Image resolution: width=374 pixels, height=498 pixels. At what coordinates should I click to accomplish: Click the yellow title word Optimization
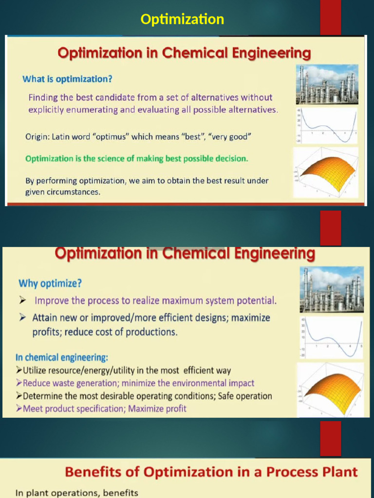click(x=182, y=19)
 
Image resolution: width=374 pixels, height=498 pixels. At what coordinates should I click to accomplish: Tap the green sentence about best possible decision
click(x=137, y=159)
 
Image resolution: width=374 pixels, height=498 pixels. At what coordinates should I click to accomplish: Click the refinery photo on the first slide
click(x=327, y=84)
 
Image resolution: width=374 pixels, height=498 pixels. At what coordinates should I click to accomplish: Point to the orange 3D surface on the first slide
click(x=327, y=173)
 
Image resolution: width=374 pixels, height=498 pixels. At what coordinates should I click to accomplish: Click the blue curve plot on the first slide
click(x=327, y=125)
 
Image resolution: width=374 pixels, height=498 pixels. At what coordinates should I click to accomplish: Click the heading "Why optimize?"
click(x=50, y=283)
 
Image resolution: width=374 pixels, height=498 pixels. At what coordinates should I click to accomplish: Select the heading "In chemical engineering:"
click(x=63, y=357)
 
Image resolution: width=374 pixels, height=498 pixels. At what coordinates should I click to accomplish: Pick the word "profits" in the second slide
click(x=47, y=332)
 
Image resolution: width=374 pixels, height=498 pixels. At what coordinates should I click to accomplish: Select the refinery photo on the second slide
click(x=331, y=289)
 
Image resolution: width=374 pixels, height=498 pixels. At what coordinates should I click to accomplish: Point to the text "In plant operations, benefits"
click(x=76, y=493)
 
